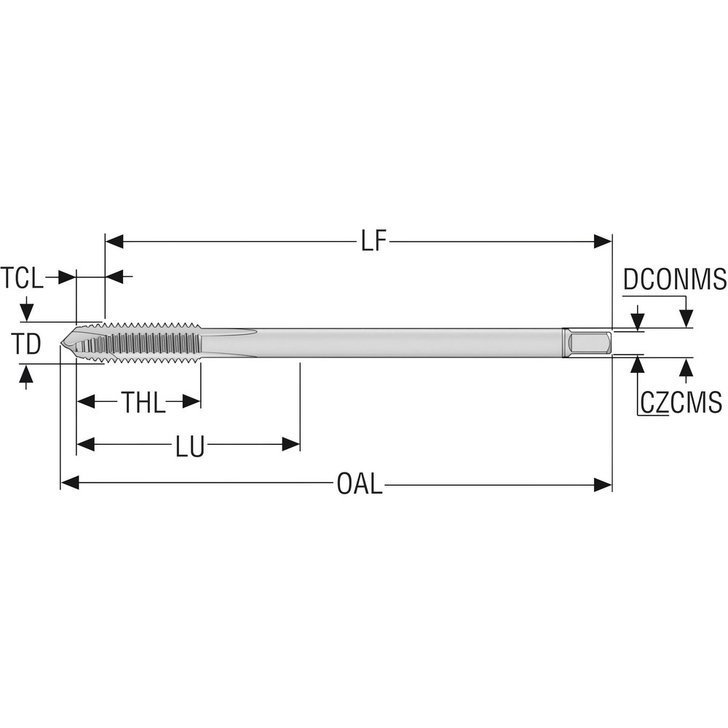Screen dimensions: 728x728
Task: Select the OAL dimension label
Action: tap(359, 484)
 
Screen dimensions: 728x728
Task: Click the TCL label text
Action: tap(23, 277)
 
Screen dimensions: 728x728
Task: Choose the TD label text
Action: tap(27, 344)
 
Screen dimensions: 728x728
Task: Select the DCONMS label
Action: tap(675, 280)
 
